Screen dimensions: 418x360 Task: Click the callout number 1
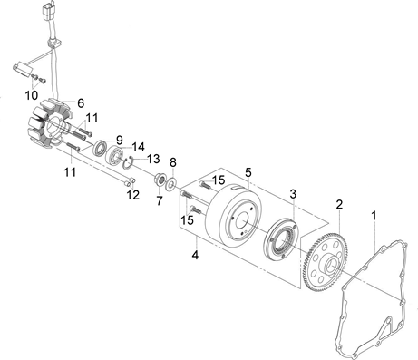tap(374, 216)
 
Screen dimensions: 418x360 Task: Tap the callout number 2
tap(339, 205)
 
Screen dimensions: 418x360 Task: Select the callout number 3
tap(293, 194)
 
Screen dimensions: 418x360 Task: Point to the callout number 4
tap(196, 255)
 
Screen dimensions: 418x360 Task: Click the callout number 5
tap(248, 172)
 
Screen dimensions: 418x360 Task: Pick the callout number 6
tap(81, 103)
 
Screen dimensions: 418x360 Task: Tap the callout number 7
tap(160, 200)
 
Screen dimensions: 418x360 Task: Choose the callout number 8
tap(172, 162)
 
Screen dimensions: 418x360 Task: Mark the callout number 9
tap(120, 140)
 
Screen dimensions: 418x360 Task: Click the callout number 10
tap(32, 95)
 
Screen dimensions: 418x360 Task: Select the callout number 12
tap(133, 195)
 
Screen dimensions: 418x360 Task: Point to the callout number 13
tap(153, 159)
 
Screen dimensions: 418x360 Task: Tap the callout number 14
tap(138, 147)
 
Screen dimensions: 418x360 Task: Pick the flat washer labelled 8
tap(172, 184)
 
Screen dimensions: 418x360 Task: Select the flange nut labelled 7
tap(160, 180)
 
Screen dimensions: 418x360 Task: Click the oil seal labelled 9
tap(101, 148)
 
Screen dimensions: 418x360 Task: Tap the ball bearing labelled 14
tap(115, 156)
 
